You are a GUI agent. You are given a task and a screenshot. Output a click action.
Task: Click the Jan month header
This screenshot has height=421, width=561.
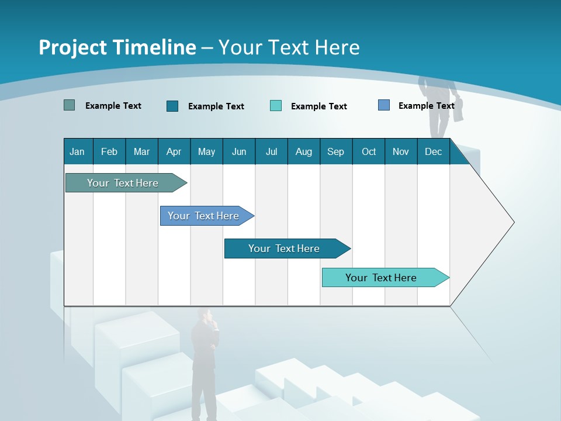coord(78,151)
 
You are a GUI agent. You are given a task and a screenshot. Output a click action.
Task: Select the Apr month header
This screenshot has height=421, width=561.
coord(174,151)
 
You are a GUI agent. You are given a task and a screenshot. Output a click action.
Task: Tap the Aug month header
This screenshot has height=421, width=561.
coord(304,151)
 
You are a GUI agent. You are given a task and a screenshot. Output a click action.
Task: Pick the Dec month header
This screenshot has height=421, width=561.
coord(434,151)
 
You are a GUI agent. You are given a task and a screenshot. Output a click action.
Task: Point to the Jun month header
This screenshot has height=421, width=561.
coord(239,151)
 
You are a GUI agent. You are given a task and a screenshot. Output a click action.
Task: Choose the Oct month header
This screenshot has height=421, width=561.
coord(369,151)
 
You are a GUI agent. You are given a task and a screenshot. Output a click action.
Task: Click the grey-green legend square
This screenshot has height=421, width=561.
coord(69,105)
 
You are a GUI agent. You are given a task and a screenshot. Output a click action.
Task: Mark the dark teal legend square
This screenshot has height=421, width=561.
coord(172,106)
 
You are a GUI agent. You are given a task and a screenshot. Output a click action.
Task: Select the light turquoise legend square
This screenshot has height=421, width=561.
coord(276,106)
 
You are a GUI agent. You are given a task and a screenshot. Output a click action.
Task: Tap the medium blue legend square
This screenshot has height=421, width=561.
coord(384,105)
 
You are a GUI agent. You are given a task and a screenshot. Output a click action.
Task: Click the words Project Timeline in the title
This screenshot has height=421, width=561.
coord(117,47)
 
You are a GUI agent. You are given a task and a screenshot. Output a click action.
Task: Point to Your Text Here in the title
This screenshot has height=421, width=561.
coord(289,47)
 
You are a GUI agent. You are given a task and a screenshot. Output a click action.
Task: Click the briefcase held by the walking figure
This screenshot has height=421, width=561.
coord(459,110)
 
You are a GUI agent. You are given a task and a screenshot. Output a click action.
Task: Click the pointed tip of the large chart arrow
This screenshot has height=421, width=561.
coord(512,222)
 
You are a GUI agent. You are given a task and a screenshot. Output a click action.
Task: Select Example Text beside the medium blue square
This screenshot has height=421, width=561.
coord(426,106)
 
